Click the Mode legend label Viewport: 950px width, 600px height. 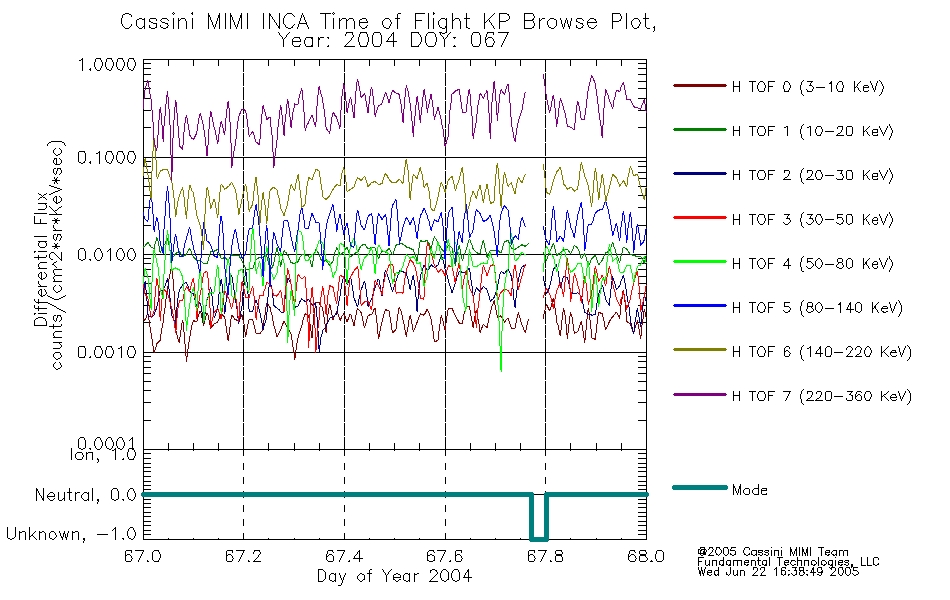click(x=749, y=490)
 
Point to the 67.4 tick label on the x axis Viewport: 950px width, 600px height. click(x=344, y=556)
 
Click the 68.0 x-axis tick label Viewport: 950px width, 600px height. click(x=646, y=556)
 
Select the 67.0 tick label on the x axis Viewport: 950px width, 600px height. click(x=143, y=556)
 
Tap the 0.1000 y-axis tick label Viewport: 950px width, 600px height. click(x=107, y=158)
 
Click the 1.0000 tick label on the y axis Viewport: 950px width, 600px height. click(x=107, y=64)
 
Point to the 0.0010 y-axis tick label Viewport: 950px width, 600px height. click(x=107, y=352)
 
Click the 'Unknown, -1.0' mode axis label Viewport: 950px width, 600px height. click(x=71, y=534)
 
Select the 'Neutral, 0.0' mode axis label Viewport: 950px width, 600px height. click(x=85, y=495)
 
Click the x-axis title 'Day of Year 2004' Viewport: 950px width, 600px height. click(x=394, y=576)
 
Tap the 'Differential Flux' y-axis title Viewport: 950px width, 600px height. click(x=41, y=259)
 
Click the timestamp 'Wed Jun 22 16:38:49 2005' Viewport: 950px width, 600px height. click(x=778, y=572)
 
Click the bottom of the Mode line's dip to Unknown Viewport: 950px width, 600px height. click(x=539, y=538)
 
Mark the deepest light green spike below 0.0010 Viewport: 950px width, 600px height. click(x=501, y=369)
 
